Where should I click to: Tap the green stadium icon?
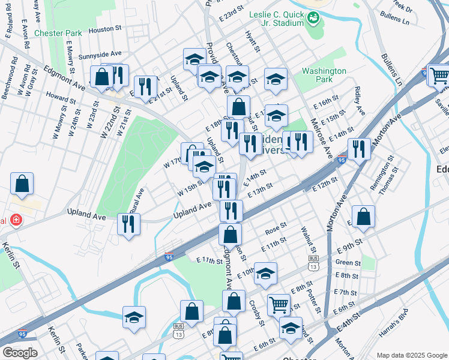click(x=313, y=19)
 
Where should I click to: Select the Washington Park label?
click(x=324, y=75)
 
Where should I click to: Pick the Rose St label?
click(x=276, y=230)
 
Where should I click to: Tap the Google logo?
click(x=20, y=353)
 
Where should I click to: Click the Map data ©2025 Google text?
click(x=411, y=355)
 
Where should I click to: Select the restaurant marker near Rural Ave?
click(x=129, y=224)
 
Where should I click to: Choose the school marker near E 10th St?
click(x=265, y=273)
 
